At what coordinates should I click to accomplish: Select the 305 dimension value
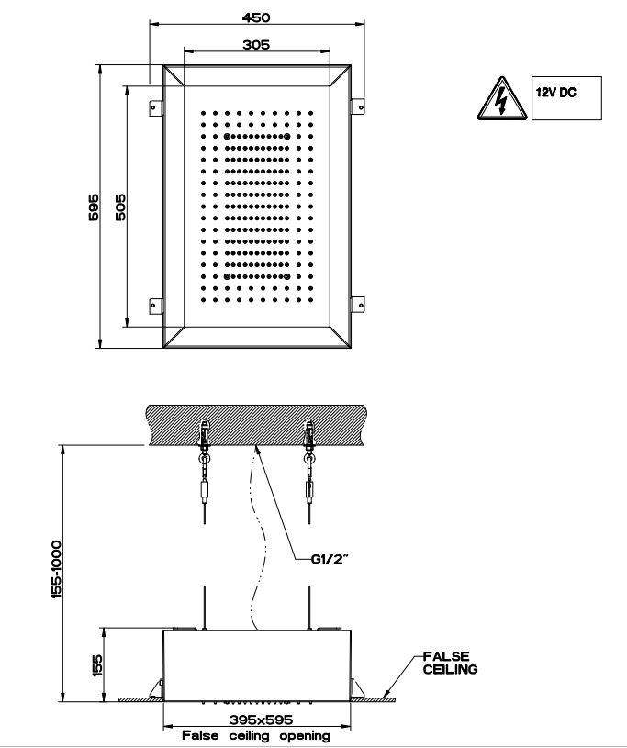256,43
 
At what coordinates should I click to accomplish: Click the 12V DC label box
566,99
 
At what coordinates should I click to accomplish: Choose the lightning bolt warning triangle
500,100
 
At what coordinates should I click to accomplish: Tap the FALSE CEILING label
450,663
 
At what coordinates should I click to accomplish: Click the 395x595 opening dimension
255,721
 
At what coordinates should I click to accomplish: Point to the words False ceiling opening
255,735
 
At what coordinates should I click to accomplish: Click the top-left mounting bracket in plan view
157,106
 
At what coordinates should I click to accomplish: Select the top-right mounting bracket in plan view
356,106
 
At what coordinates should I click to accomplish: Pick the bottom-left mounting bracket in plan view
157,304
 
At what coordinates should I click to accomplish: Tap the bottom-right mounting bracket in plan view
356,304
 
